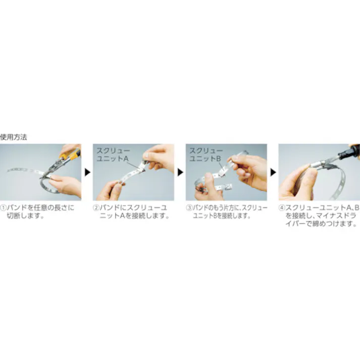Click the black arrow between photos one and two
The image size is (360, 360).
[x=87, y=172]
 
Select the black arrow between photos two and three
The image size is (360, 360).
[x=180, y=172]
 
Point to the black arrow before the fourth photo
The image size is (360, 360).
[x=273, y=172]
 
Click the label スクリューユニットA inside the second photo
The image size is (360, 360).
[x=112, y=154]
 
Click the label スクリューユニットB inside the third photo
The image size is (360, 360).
[x=205, y=154]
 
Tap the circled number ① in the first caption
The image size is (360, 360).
[x=4, y=208]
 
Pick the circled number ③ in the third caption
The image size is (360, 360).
[x=189, y=208]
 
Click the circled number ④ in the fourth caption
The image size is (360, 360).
[x=282, y=208]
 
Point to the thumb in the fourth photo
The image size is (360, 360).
[x=308, y=174]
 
